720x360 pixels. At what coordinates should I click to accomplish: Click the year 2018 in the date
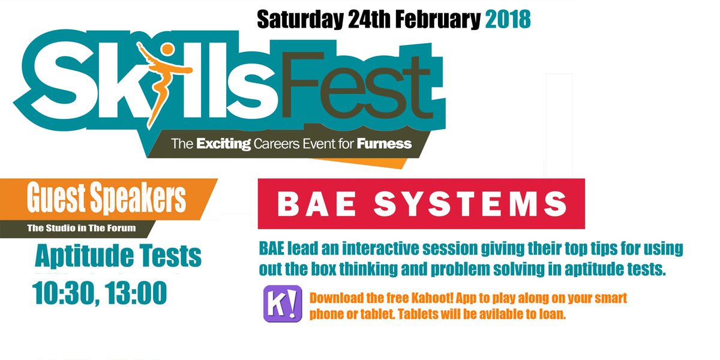coord(508,19)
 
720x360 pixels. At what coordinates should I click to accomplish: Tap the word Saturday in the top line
coord(300,20)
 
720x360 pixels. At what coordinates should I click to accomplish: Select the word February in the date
coord(438,20)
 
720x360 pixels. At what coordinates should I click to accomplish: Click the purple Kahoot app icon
coord(283,304)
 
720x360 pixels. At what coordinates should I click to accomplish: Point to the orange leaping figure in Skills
coord(160,80)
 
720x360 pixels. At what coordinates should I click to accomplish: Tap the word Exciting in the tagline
coord(223,144)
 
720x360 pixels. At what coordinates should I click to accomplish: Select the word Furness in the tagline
coord(384,143)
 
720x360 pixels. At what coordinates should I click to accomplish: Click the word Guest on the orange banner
coord(56,197)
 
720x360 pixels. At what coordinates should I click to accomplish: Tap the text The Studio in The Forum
coord(82,228)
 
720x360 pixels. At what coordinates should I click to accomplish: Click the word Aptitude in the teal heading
coord(84,256)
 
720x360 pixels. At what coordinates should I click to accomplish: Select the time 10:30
coord(64,293)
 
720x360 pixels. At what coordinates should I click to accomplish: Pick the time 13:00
coord(136,293)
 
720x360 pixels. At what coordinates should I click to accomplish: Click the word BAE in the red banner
coord(317,204)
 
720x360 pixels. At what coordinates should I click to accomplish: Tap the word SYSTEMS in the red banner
coord(470,204)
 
